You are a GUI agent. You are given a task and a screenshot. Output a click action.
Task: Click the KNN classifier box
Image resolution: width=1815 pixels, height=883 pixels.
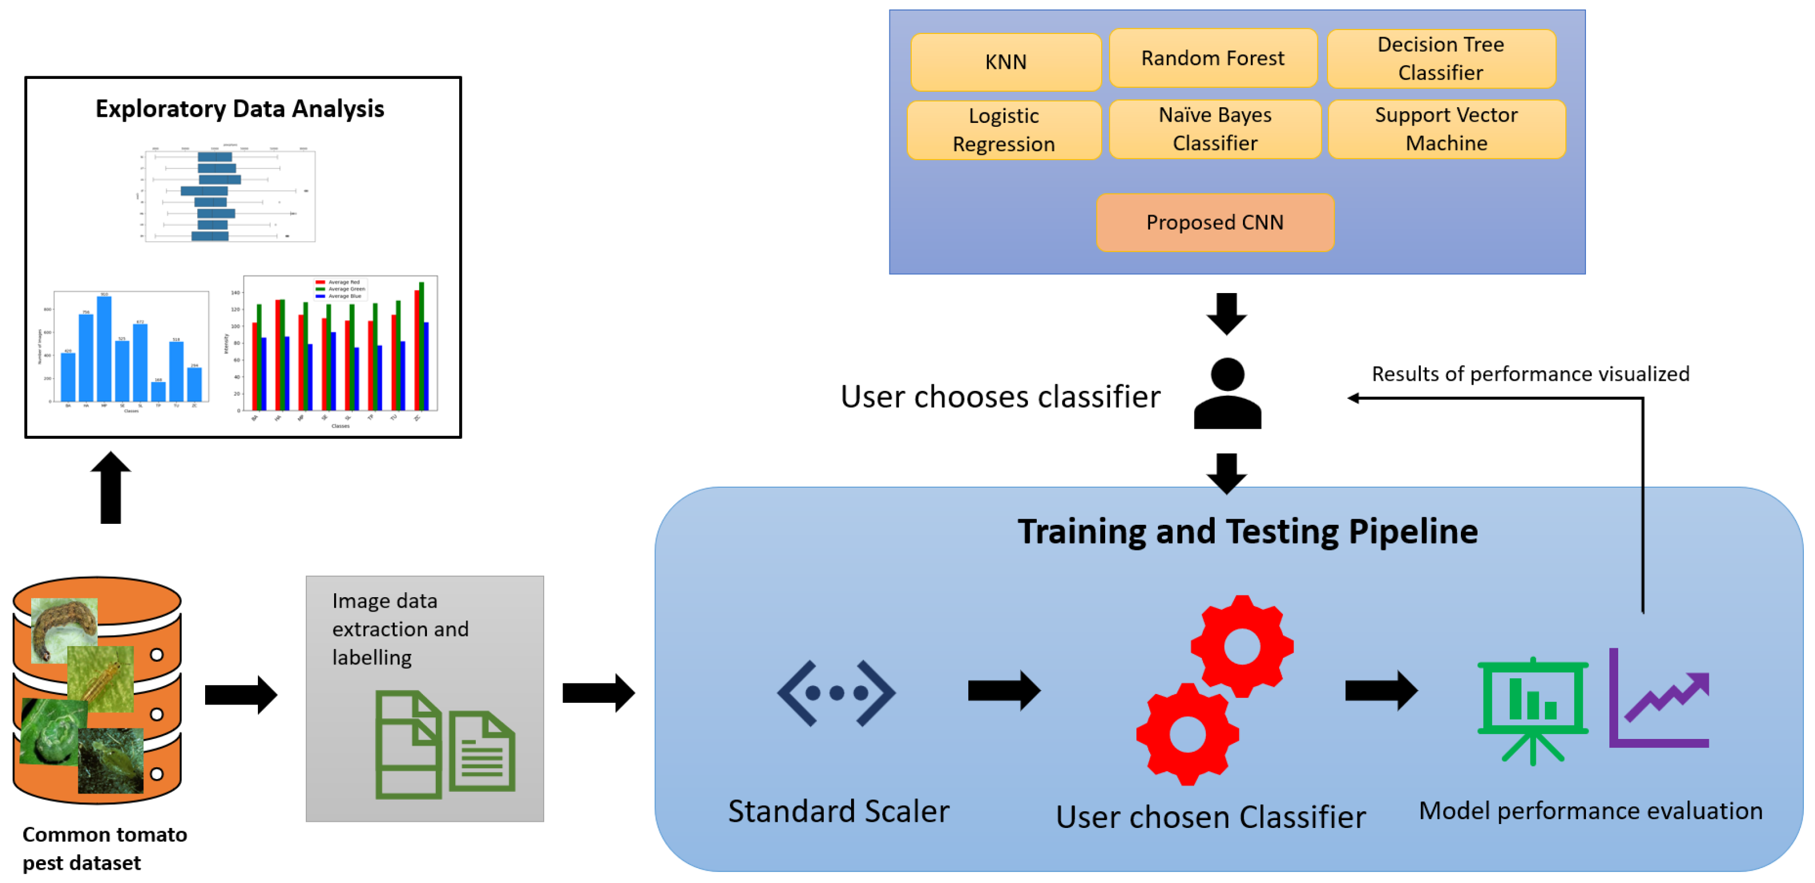coord(1006,62)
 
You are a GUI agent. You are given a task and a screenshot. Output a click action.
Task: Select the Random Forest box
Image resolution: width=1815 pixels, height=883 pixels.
coord(1212,58)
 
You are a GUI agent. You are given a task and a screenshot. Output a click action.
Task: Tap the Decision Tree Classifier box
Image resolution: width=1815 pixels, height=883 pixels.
coord(1441,58)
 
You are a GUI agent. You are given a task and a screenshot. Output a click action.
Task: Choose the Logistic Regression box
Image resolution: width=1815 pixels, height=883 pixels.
coord(1003,130)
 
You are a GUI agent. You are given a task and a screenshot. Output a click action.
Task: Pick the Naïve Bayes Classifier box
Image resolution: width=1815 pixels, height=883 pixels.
coord(1215,129)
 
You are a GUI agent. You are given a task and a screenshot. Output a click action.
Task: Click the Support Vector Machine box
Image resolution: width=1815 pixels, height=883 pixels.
coord(1446,129)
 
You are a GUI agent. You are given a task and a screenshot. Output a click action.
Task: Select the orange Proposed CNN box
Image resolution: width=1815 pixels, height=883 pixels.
coord(1215,222)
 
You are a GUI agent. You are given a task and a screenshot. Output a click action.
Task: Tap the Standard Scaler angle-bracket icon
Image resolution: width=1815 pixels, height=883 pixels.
coord(836,693)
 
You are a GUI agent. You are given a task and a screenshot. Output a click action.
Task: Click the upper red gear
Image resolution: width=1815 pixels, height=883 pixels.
coord(1241,646)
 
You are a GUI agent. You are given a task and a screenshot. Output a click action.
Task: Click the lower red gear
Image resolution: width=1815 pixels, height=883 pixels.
coord(1187,735)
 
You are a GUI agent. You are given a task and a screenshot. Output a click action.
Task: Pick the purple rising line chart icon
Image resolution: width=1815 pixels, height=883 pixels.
coord(1659,699)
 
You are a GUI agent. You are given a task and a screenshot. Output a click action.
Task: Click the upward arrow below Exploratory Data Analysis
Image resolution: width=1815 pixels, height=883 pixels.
coord(111,488)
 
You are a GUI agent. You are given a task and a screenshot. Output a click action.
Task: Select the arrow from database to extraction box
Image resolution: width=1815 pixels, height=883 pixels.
coord(241,695)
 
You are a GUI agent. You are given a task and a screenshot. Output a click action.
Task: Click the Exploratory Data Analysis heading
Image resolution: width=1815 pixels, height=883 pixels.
coord(240,109)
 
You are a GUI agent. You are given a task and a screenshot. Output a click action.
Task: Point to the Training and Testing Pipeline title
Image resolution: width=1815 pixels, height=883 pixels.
coord(1247,532)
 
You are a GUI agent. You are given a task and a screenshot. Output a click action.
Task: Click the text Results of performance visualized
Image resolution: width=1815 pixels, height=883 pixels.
coord(1530,374)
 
